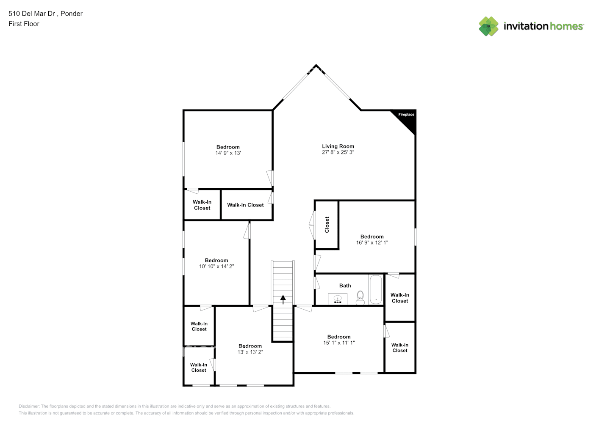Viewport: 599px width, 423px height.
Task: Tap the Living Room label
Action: (338, 146)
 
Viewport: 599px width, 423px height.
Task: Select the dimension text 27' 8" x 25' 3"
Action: (338, 152)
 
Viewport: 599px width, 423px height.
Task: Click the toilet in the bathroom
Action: (360, 298)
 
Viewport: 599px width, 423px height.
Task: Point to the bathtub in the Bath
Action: (375, 290)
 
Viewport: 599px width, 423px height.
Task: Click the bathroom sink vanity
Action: (338, 299)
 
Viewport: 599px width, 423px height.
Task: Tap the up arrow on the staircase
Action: (283, 299)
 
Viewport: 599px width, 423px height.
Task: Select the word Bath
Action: (345, 286)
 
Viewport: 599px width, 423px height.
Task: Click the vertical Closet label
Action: (327, 225)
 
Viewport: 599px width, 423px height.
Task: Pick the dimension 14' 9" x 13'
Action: (228, 153)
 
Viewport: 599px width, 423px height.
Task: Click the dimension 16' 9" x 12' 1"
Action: (372, 243)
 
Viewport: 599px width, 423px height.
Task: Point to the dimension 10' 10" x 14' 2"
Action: (216, 266)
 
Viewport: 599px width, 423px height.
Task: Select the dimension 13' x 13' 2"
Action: (250, 352)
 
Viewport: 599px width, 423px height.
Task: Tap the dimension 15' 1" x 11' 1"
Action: (339, 343)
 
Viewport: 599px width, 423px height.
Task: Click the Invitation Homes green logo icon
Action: (488, 26)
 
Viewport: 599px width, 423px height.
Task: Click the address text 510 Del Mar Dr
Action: (32, 14)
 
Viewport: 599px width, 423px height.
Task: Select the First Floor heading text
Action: (24, 24)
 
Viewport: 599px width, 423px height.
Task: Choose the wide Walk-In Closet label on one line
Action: (245, 205)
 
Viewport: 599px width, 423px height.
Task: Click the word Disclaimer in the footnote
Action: (29, 406)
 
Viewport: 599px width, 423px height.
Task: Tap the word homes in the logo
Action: (566, 26)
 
